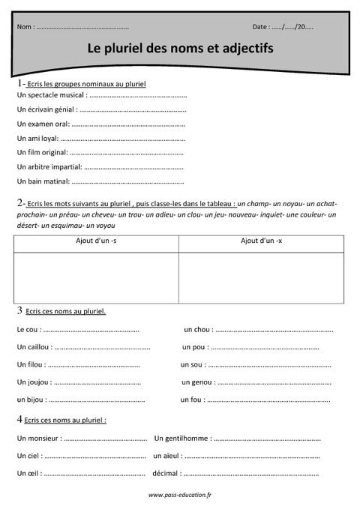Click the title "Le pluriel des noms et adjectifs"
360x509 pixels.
pos(180,48)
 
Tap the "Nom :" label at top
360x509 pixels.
pos(25,26)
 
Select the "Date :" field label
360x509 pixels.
pos(261,26)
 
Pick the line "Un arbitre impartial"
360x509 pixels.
pos(49,166)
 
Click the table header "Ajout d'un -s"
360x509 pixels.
pos(96,241)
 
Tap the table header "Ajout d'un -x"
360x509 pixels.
pos(261,241)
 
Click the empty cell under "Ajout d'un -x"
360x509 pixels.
pos(261,277)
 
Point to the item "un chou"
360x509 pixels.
pos(197,329)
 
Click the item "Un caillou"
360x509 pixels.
pos(34,347)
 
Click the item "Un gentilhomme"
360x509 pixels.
pos(181,438)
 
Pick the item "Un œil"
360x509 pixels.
pos(28,473)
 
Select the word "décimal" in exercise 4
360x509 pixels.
pos(165,473)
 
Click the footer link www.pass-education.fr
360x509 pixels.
pos(180,495)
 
